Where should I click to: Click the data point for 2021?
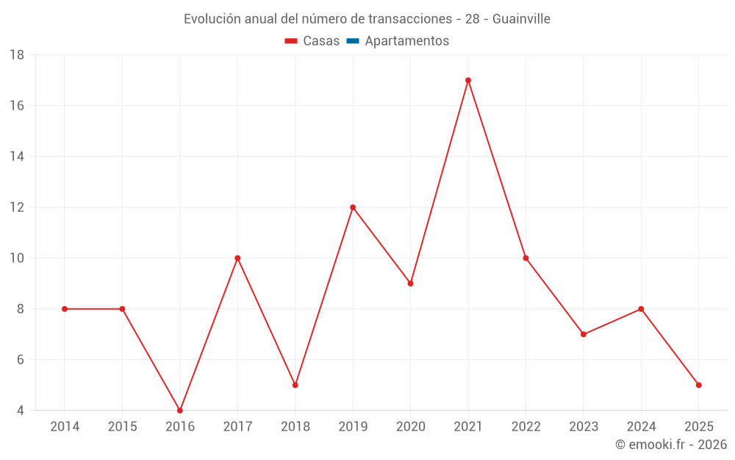pyautogui.click(x=468, y=80)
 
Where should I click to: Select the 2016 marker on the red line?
pyautogui.click(x=180, y=410)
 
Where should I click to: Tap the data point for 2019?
pyautogui.click(x=353, y=208)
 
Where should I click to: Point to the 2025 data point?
pyautogui.click(x=699, y=385)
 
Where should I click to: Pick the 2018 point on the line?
pyautogui.click(x=295, y=385)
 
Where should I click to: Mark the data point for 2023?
pyautogui.click(x=584, y=334)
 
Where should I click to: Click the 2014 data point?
pyautogui.click(x=65, y=309)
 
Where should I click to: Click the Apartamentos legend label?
pyautogui.click(x=406, y=41)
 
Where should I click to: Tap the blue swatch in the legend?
pyautogui.click(x=353, y=41)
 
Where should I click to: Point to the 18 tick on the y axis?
pyautogui.click(x=17, y=55)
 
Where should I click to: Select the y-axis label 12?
pyautogui.click(x=17, y=208)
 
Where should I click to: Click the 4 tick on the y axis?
pyautogui.click(x=21, y=411)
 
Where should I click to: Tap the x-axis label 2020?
pyautogui.click(x=411, y=427)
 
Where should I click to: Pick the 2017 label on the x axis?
pyautogui.click(x=237, y=427)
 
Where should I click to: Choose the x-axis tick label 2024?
pyautogui.click(x=641, y=427)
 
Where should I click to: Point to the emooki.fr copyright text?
pyautogui.click(x=671, y=445)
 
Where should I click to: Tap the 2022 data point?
pyautogui.click(x=526, y=258)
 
